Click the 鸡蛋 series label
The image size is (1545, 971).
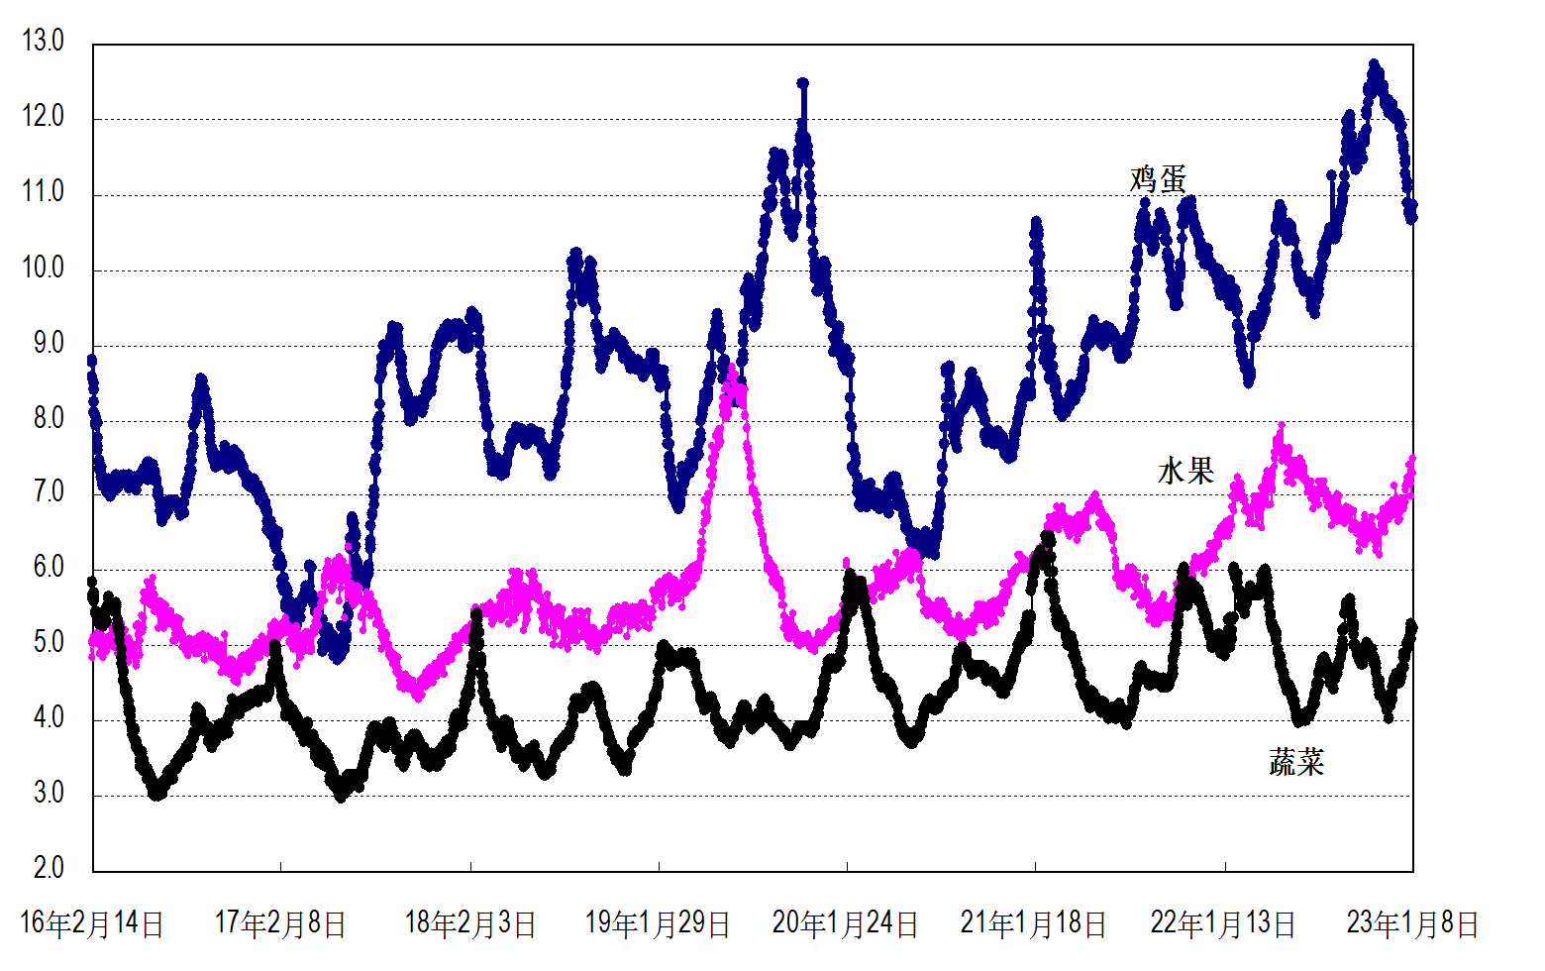pos(1158,179)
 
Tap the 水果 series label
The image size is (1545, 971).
pos(1185,471)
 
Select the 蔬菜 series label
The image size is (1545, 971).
pos(1296,762)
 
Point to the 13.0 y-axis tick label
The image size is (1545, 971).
pos(43,42)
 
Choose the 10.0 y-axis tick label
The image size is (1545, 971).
pos(43,268)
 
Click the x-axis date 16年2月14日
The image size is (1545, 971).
pos(92,923)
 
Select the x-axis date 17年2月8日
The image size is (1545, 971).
pos(280,923)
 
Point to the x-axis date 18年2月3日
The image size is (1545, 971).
pos(470,923)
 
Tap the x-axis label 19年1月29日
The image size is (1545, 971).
pos(658,923)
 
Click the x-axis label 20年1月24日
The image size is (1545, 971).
pos(846,923)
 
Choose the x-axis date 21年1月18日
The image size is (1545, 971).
pos(1034,923)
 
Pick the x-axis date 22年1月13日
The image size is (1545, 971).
pos(1223,923)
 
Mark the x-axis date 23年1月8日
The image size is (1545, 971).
pos(1412,923)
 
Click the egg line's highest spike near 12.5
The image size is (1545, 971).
pos(802,84)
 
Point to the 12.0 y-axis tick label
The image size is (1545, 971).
pos(43,117)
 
